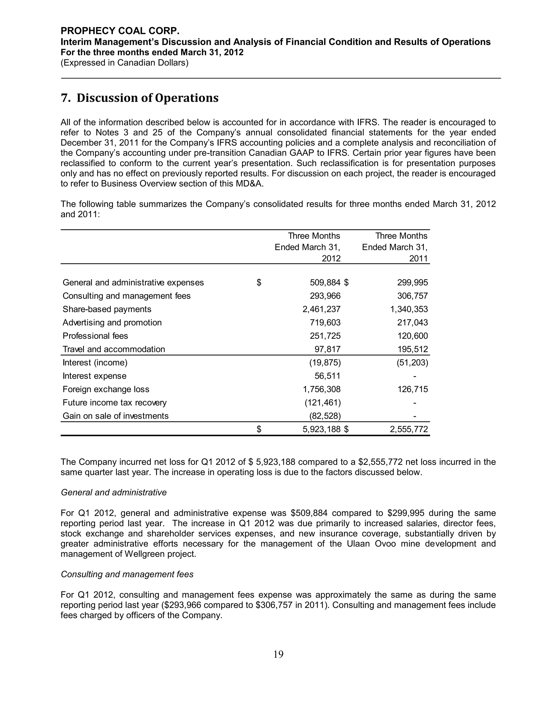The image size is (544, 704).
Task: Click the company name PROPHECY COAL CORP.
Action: click(x=120, y=31)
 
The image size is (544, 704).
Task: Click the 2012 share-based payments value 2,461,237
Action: click(x=321, y=309)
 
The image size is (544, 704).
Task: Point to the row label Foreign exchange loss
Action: click(x=106, y=389)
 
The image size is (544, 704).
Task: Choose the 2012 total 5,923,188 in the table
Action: click(x=321, y=429)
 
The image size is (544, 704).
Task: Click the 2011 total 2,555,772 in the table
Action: click(x=409, y=429)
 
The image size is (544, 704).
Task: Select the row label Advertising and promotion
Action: click(x=112, y=323)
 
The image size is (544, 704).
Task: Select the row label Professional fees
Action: click(x=95, y=336)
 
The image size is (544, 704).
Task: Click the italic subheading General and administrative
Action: click(x=113, y=493)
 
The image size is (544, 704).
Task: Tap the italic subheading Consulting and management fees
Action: click(x=127, y=574)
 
